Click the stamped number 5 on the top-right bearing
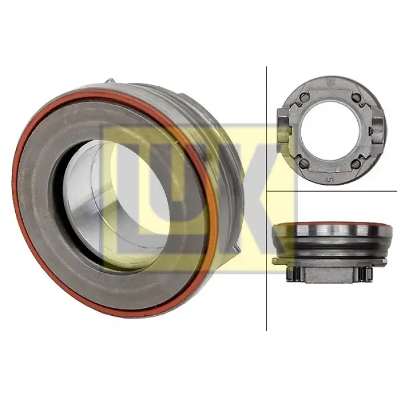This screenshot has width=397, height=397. pyautogui.click(x=328, y=179)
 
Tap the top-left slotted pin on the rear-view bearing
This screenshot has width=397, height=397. pyautogui.click(x=303, y=96)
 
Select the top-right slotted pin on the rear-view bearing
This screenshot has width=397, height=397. pyautogui.click(x=356, y=96)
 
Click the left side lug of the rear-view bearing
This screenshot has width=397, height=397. pyautogui.click(x=284, y=130)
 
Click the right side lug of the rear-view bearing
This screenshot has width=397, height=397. pyautogui.click(x=377, y=130)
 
